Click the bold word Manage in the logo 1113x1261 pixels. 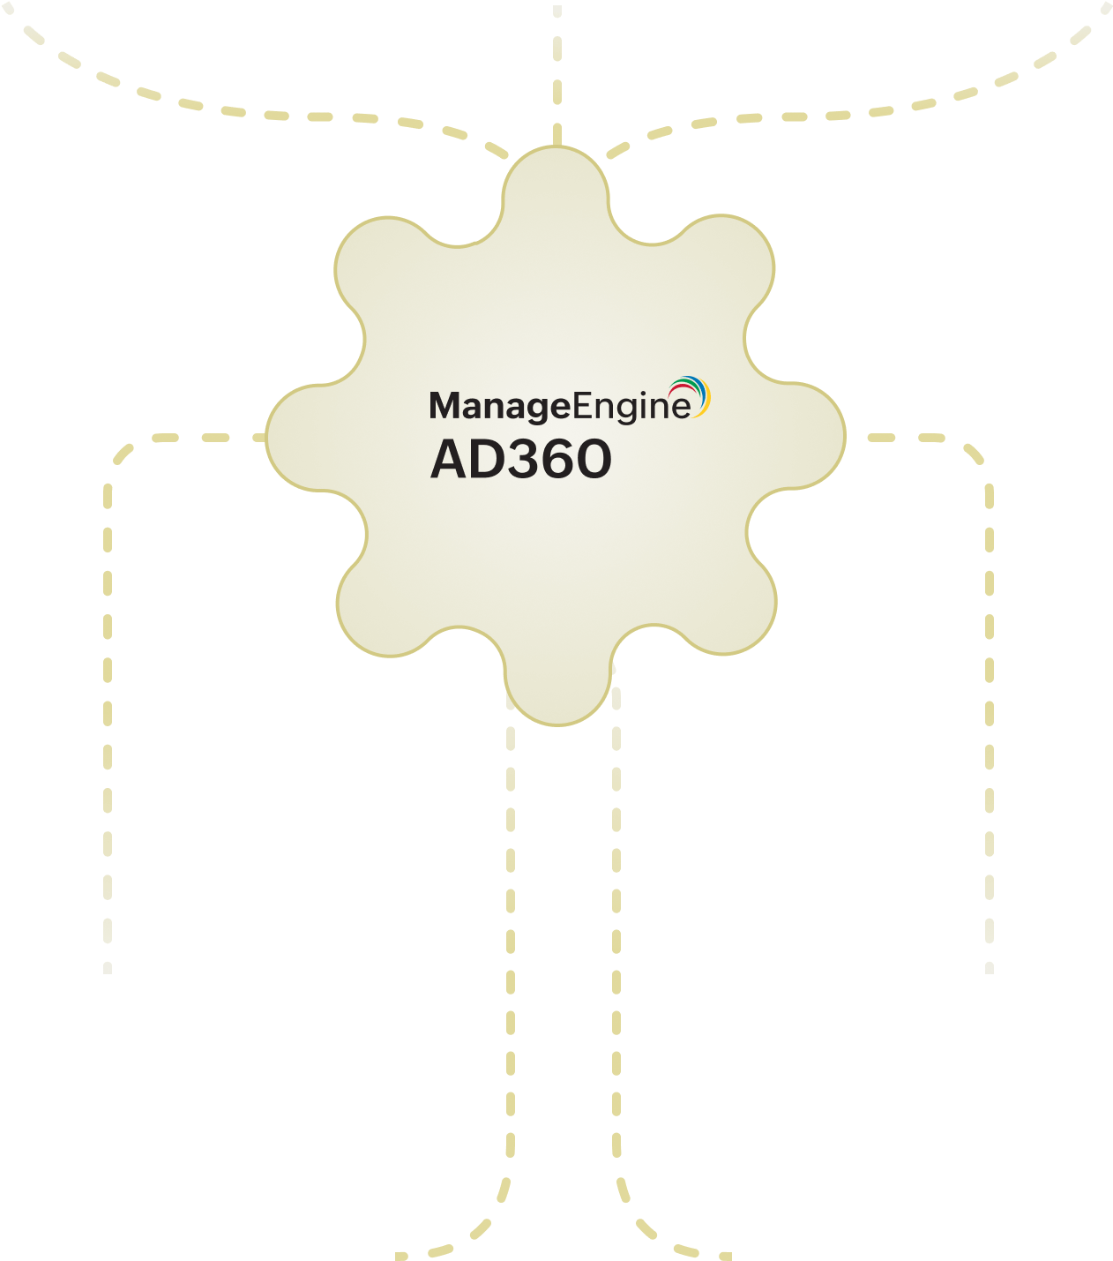click(499, 407)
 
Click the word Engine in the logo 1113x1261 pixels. click(631, 407)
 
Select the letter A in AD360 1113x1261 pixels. click(451, 460)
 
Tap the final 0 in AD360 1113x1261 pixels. click(594, 460)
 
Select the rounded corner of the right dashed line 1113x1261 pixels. click(975, 454)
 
